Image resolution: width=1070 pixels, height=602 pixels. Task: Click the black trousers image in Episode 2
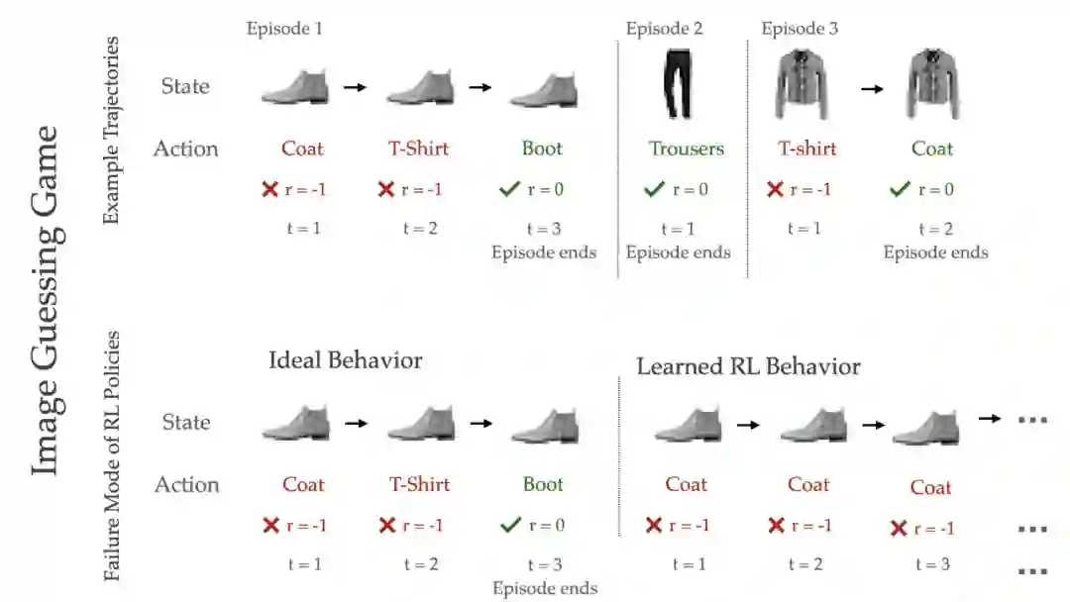679,86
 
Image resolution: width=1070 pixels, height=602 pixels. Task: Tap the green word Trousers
687,149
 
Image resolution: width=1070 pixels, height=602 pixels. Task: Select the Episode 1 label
284,29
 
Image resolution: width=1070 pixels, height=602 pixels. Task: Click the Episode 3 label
800,29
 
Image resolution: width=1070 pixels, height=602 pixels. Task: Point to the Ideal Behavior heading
345,359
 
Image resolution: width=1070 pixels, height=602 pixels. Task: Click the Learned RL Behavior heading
748,366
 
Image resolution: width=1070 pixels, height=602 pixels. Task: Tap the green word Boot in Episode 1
542,149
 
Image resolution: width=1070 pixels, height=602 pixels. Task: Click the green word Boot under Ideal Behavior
543,484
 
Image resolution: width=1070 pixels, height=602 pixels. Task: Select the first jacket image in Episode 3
802,86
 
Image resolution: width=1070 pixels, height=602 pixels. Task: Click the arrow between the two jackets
871,88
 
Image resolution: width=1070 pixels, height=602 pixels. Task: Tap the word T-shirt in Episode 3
806,149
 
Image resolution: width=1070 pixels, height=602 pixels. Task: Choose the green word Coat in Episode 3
932,149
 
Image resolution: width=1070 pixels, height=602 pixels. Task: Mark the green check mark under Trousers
653,189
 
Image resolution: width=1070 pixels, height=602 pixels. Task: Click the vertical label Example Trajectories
112,130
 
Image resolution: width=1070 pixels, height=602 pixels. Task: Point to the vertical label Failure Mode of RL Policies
112,454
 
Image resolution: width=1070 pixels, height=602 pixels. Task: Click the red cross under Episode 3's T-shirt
776,189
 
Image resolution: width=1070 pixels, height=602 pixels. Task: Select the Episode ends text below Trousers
678,251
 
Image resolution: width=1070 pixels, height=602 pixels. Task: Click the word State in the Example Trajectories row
185,86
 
